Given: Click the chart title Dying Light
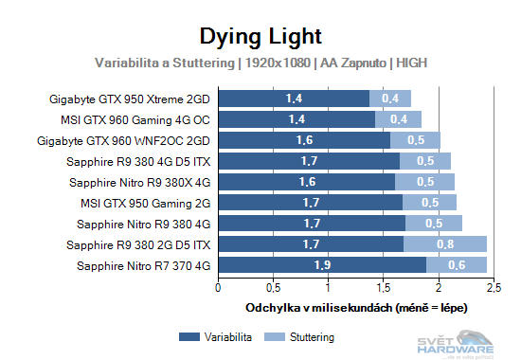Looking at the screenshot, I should [260, 36].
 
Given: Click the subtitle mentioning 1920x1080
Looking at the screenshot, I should [260, 63].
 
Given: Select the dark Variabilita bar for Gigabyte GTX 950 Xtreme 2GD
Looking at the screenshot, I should [294, 98].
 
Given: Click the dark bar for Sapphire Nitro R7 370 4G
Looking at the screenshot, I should [322, 265].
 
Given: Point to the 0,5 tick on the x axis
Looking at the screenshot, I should [273, 287].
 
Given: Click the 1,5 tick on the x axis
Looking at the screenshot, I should [383, 287].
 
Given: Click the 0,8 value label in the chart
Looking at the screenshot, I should [442, 244].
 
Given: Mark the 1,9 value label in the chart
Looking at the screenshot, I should [322, 265].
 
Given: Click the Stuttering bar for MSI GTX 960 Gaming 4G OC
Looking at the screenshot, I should [398, 118].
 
